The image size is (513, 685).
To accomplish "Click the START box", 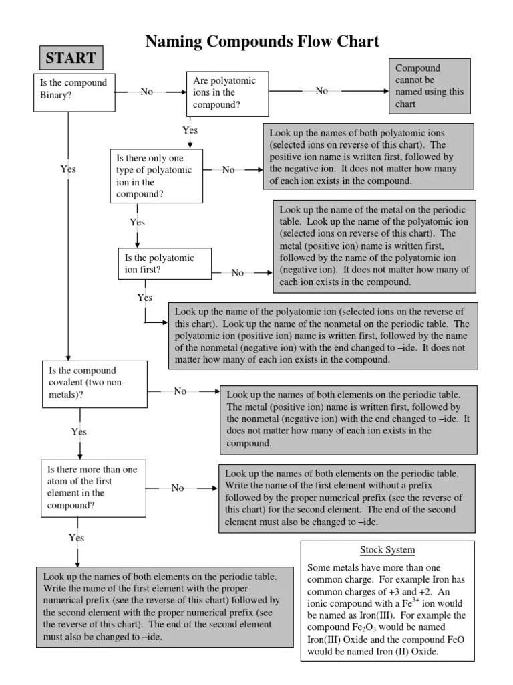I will (x=71, y=58).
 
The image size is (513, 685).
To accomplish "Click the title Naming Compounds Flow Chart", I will (x=263, y=41).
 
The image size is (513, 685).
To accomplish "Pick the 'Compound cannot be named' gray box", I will (x=430, y=86).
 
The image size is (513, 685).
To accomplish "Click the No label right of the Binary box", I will (x=147, y=92).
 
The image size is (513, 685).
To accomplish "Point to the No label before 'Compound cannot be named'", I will (x=322, y=91).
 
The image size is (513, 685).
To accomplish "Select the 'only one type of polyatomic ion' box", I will (x=156, y=176).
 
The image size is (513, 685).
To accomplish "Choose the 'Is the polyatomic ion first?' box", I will (x=156, y=264).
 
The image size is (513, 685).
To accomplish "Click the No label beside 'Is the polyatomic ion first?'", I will (x=238, y=273).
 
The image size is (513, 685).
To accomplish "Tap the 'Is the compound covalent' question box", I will (x=94, y=384).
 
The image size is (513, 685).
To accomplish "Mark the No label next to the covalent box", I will (x=180, y=391).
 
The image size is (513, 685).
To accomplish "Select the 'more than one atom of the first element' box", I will (x=94, y=488).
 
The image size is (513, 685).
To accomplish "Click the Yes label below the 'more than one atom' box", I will (x=77, y=538).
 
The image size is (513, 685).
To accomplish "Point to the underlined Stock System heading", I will (x=387, y=550).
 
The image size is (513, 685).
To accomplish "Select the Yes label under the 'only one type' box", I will (x=137, y=222).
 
